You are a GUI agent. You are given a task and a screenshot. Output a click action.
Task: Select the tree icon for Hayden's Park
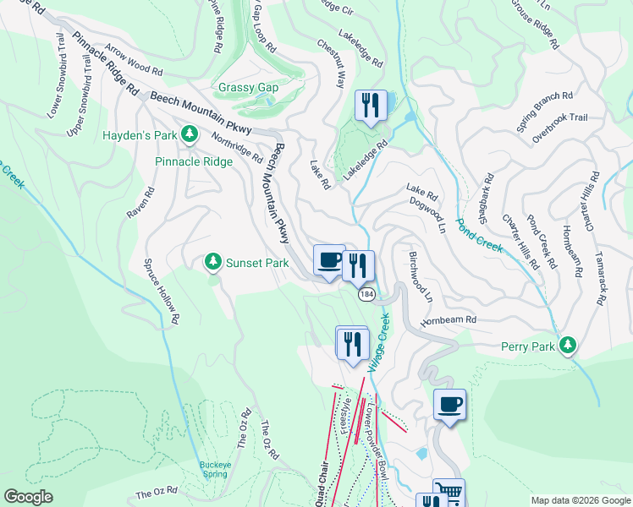tap(190, 134)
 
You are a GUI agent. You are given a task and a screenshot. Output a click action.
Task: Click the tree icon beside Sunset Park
tap(213, 262)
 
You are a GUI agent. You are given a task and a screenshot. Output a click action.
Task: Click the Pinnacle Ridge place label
tap(193, 161)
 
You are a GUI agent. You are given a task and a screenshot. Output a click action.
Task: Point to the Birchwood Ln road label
tap(421, 276)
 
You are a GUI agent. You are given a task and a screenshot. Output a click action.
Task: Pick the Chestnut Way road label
tap(331, 63)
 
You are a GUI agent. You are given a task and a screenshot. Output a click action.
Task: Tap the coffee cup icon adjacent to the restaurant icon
tap(328, 259)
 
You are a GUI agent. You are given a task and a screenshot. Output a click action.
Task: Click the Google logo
tap(28, 497)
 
